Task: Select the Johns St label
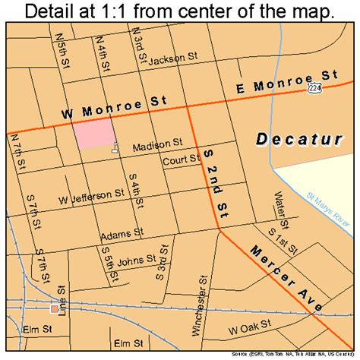[137, 259]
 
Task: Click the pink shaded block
[94, 137]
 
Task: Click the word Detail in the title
[55, 12]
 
